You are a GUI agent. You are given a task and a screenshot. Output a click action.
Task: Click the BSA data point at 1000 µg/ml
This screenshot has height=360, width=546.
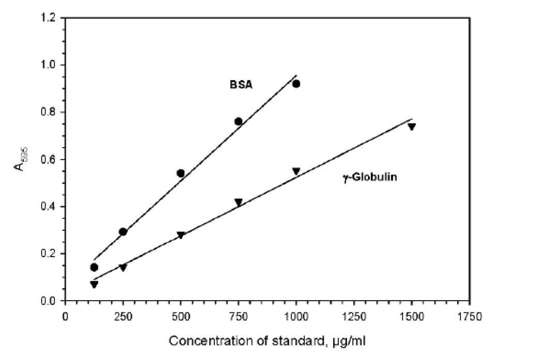click(296, 84)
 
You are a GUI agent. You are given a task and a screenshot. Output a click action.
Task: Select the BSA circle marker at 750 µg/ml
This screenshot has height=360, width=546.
click(238, 121)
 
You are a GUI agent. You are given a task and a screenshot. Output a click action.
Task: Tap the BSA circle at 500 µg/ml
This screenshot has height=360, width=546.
click(181, 173)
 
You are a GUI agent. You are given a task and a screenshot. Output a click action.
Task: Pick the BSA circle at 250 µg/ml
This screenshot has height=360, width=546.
click(123, 231)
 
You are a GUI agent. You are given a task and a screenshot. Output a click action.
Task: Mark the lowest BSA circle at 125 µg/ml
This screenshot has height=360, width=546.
click(94, 267)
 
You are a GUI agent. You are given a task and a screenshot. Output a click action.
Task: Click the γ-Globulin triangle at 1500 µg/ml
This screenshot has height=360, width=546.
click(412, 127)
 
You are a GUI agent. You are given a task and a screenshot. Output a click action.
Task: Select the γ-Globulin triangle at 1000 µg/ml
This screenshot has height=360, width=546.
click(296, 171)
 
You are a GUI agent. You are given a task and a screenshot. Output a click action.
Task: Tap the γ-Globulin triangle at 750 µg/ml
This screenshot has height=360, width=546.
click(238, 202)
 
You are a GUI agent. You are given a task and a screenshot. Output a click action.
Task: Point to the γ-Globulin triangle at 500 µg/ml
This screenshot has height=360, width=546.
click(181, 235)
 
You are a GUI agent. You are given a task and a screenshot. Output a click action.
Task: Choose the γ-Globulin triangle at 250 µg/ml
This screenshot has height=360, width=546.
click(123, 268)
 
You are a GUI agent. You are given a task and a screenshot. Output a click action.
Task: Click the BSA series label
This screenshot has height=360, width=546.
click(241, 86)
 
